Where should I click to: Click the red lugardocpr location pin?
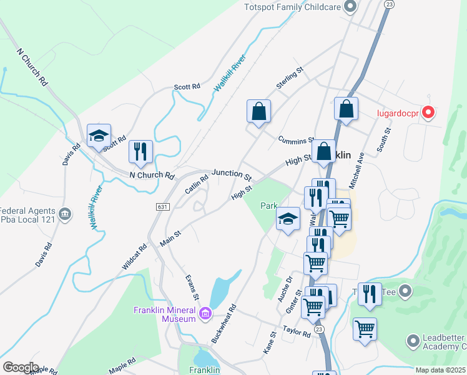428,112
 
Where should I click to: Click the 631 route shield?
162,206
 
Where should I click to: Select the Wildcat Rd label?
134,256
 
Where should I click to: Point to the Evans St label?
191,287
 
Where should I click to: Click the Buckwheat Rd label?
224,324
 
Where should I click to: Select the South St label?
383,141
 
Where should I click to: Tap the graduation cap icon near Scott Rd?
99,136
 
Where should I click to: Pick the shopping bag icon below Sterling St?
258,112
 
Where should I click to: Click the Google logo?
21,367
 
